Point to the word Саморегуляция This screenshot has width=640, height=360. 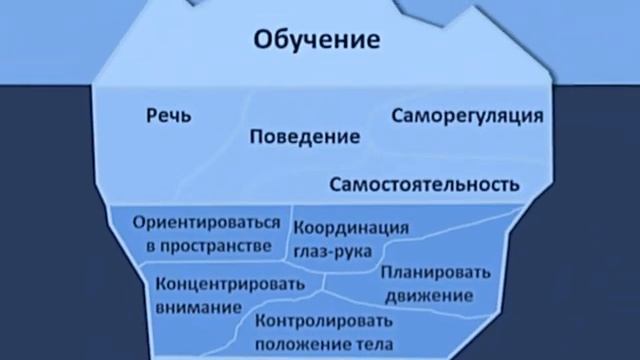coord(467,115)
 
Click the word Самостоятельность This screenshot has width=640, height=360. coord(424,185)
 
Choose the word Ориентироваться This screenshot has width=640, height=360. coord(206,224)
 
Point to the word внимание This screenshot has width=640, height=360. coord(198,305)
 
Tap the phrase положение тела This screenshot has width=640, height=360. coord(320,345)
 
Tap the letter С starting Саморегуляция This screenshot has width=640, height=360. coord(398,115)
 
